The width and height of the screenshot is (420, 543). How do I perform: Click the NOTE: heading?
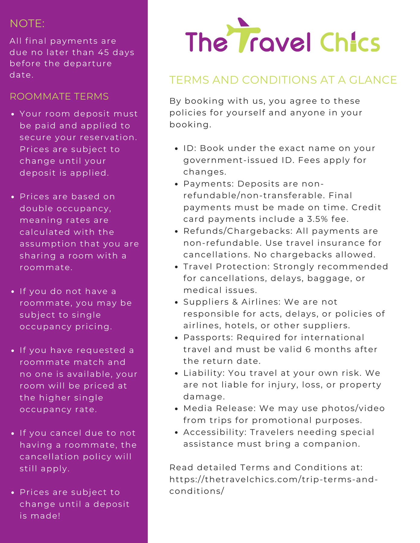click(27, 24)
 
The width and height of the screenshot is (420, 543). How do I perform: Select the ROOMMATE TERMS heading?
click(59, 96)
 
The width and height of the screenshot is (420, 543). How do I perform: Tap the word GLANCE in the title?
click(373, 80)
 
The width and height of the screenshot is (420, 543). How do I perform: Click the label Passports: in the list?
click(208, 337)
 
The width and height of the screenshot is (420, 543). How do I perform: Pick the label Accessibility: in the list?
click(215, 432)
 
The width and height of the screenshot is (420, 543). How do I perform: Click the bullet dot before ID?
click(177, 149)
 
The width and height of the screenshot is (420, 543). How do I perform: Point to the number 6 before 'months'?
click(308, 349)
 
